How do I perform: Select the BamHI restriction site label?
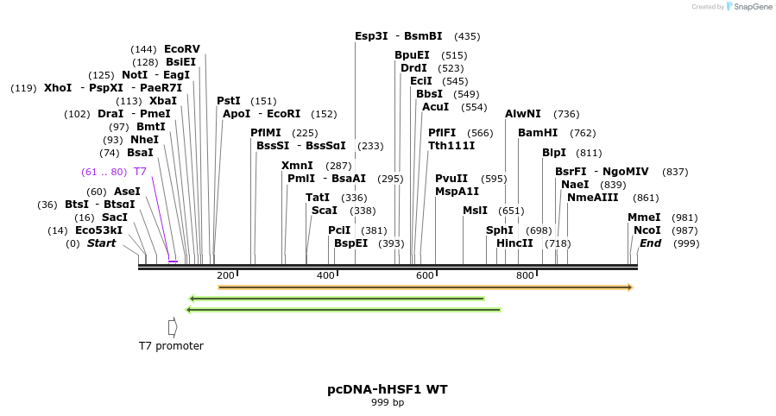[x=538, y=133]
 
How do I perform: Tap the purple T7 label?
[x=140, y=172]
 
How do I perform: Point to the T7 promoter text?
[x=171, y=346]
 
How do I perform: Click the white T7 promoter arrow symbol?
[x=173, y=327]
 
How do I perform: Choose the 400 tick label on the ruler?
[x=325, y=275]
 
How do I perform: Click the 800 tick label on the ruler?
[x=525, y=275]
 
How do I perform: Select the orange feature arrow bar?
[x=426, y=287]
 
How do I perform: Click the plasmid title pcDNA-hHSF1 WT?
[x=388, y=389]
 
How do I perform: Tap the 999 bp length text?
[x=388, y=402]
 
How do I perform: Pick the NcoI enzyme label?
[x=647, y=230]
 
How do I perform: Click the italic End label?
[x=650, y=243]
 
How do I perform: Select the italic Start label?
[x=101, y=243]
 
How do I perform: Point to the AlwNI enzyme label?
[x=523, y=114]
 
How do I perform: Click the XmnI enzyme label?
[x=297, y=166]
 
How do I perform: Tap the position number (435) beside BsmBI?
[x=467, y=36]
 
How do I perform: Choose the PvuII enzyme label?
[x=451, y=179]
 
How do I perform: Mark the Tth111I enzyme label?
[x=451, y=146]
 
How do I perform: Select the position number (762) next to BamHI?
[x=583, y=133]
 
